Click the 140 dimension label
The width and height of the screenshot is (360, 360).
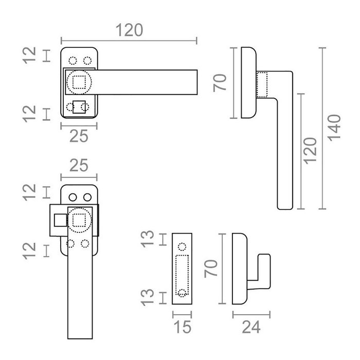(335, 128)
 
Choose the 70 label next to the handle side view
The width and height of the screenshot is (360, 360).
(221, 82)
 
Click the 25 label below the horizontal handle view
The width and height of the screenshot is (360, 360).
(79, 135)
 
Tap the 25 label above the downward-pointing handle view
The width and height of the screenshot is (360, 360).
(79, 166)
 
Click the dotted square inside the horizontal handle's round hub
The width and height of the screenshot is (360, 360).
(79, 82)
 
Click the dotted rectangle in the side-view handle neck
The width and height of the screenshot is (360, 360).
(263, 84)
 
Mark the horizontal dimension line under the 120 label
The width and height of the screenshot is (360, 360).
(129, 39)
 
